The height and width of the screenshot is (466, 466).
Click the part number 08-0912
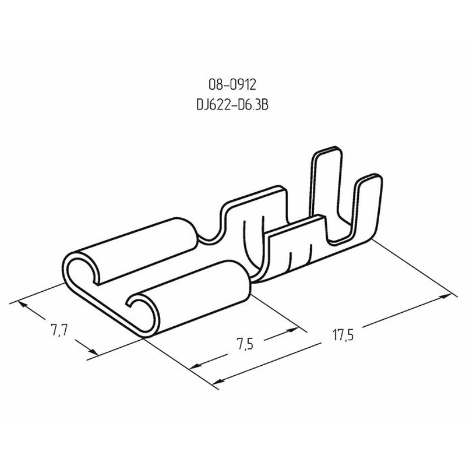[232, 85]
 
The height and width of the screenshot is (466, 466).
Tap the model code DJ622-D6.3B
[232, 105]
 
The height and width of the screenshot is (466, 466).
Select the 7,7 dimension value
[59, 330]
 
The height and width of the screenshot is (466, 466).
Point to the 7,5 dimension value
[245, 344]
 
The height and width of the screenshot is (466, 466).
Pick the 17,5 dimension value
[343, 336]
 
